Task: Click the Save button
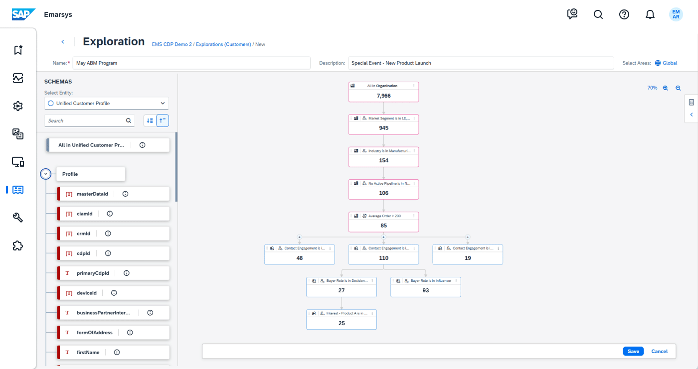(633, 351)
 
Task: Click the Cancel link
(659, 351)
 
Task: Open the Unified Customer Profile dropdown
(107, 103)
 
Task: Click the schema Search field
(85, 121)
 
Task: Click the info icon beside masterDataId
(125, 194)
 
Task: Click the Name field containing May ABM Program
(191, 63)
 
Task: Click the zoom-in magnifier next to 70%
(665, 88)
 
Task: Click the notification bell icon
(650, 14)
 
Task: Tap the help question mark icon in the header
(624, 14)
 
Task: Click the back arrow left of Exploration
(63, 42)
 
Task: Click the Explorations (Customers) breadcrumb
(223, 44)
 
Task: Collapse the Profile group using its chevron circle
(45, 174)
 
